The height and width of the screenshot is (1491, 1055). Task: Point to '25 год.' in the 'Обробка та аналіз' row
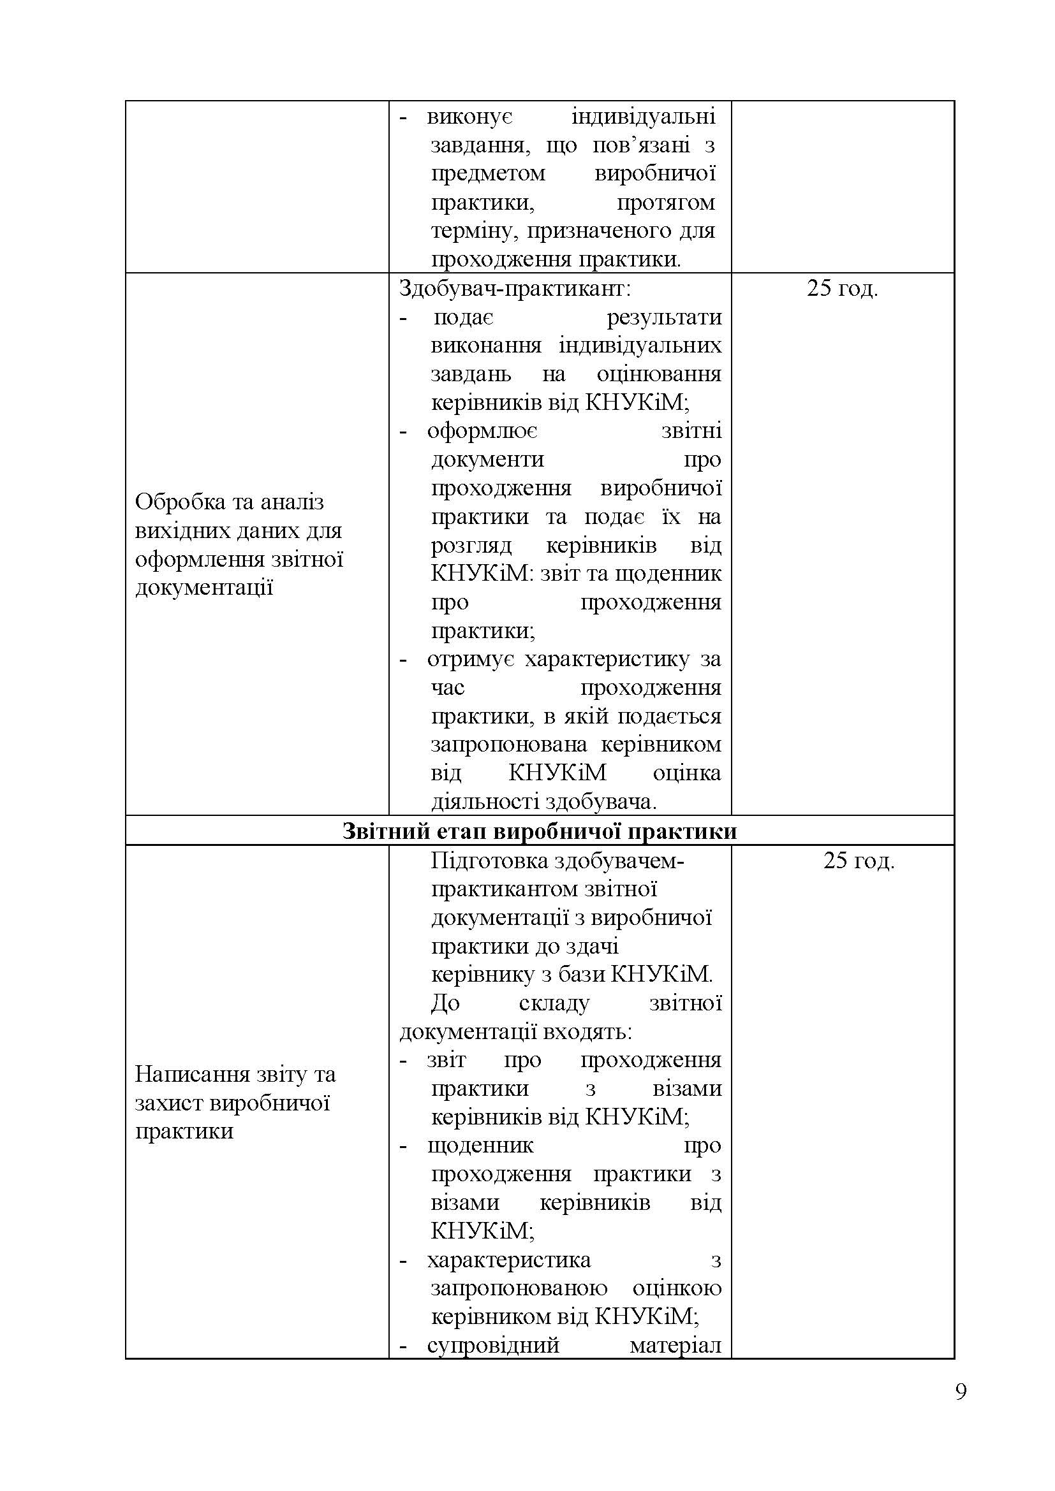pos(843,287)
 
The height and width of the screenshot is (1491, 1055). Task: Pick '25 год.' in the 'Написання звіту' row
pos(859,861)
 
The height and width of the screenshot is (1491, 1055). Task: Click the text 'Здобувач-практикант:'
pos(515,287)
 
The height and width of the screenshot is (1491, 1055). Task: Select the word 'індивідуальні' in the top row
pos(643,117)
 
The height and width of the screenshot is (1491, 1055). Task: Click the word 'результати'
pos(664,317)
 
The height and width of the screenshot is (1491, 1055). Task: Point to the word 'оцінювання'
pos(659,374)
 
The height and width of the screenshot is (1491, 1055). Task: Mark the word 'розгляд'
pos(471,545)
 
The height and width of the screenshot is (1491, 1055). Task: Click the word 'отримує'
pos(471,659)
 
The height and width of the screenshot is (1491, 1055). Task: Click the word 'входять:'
pos(597,1032)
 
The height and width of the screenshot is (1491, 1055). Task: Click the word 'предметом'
pos(488,173)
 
